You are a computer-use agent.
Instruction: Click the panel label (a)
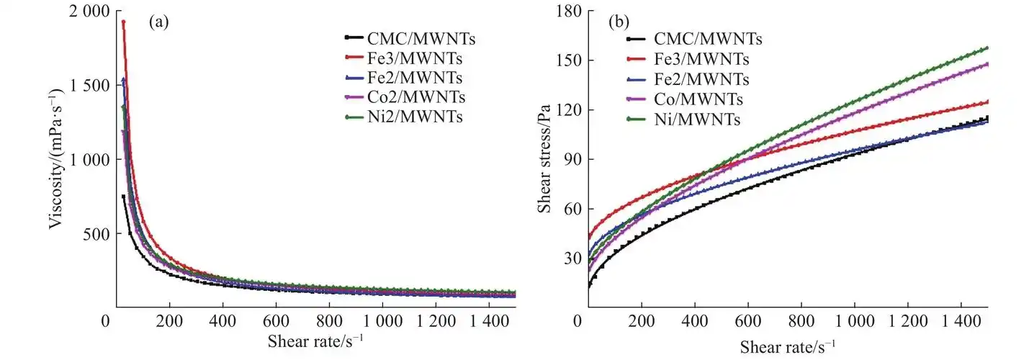tap(158, 22)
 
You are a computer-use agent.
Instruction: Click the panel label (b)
tap(619, 22)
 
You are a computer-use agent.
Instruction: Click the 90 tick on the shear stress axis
tap(563, 159)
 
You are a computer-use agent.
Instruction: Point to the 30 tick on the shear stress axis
tap(563, 258)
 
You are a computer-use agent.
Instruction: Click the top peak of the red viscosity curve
tap(123, 22)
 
